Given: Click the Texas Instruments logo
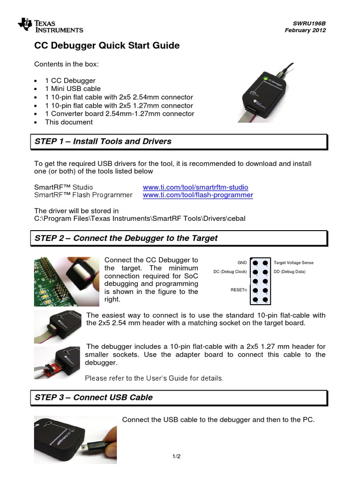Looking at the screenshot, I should [50, 26].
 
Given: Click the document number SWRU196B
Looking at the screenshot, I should [310, 23].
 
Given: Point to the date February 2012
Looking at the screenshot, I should [305, 30].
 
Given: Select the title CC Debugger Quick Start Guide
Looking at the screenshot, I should [107, 45].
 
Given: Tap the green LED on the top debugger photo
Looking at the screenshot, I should [265, 78].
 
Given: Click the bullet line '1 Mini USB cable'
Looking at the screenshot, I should [73, 89].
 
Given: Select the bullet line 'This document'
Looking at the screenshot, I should [69, 122].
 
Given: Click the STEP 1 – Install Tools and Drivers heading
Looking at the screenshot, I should [103, 141].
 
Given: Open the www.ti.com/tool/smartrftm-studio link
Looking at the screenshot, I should [195, 187].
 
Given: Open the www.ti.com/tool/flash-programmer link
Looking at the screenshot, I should [198, 195].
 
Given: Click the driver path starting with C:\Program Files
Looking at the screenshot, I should [140, 218].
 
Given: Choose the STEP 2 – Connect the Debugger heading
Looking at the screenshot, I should [126, 238].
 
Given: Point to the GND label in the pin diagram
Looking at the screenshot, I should [242, 263].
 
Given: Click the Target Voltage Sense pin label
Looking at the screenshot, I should [293, 263].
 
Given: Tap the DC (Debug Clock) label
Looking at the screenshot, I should [230, 272].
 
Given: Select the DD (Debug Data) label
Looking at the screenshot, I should [289, 272].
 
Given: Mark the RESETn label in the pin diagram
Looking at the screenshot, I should [239, 290].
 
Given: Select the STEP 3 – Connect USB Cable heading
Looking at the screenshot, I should [94, 397].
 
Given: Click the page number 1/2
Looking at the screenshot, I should [177, 456].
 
